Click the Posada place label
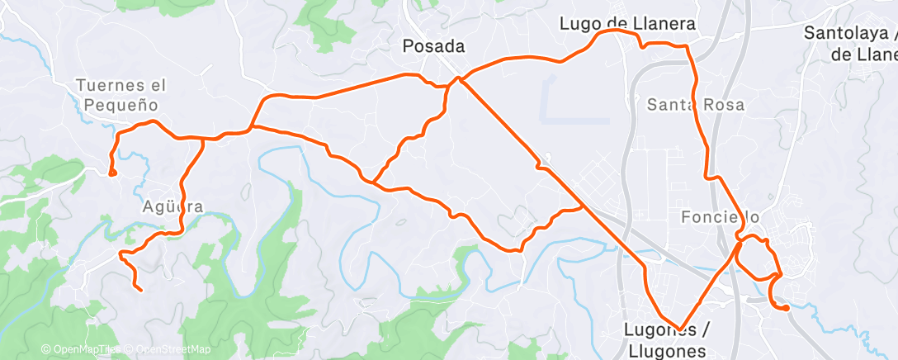[433, 46]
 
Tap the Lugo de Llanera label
[627, 24]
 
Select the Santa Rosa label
[695, 105]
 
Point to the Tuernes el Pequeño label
[121, 95]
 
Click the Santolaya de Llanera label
[851, 44]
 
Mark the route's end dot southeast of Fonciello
[786, 308]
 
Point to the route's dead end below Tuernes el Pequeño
[112, 173]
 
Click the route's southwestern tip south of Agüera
[139, 289]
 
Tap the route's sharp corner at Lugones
[680, 329]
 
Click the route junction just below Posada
[457, 80]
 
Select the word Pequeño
[121, 106]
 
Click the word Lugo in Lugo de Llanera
[579, 24]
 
